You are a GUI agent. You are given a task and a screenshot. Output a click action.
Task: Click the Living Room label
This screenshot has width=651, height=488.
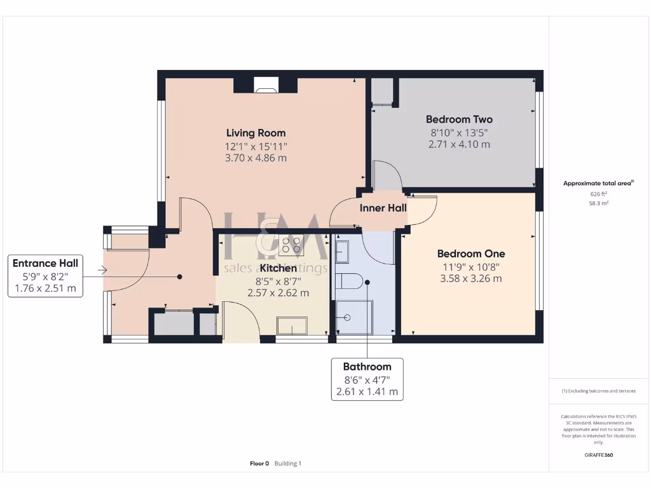click(256, 133)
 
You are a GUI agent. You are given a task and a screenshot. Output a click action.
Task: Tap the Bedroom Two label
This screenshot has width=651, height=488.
click(459, 119)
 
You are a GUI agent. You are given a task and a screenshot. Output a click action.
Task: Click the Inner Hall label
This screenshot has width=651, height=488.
click(383, 208)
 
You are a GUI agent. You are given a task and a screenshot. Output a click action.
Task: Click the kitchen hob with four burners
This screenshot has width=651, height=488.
click(291, 245)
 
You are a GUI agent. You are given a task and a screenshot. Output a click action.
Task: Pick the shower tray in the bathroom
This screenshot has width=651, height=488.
click(354, 316)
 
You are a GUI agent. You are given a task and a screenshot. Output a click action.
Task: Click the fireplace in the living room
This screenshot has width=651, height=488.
click(266, 85)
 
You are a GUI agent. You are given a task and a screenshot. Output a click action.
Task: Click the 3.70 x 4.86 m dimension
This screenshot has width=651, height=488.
click(256, 158)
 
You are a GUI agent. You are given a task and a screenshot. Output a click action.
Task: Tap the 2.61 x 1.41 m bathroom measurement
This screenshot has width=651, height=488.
click(367, 392)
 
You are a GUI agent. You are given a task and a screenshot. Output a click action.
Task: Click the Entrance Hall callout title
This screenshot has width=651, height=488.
click(45, 263)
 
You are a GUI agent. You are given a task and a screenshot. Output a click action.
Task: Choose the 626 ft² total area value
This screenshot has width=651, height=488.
click(598, 194)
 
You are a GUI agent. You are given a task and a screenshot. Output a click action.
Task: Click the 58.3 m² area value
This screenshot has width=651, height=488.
click(598, 203)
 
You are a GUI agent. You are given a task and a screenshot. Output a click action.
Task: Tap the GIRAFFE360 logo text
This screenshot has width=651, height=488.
click(598, 455)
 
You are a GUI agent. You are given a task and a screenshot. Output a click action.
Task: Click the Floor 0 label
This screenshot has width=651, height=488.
click(259, 463)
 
